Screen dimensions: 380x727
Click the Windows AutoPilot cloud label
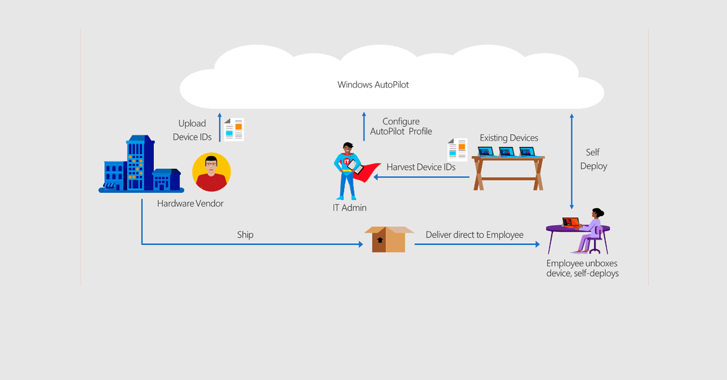373,85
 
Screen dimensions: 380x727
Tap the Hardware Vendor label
190,203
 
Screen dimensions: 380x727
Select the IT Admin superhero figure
348,171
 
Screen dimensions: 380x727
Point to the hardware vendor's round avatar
211,172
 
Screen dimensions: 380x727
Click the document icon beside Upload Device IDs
234,129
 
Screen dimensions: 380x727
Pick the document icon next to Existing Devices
457,149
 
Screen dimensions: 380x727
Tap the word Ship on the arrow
245,234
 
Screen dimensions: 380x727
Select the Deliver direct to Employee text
474,234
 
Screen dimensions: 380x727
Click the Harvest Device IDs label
421,166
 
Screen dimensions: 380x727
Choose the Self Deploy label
593,159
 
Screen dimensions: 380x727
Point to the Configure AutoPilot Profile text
401,126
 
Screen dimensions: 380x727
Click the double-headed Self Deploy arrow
572,160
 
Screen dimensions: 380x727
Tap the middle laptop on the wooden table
506,151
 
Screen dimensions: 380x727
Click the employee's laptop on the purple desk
570,223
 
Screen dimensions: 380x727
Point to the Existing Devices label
509,138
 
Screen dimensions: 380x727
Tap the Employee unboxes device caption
582,268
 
